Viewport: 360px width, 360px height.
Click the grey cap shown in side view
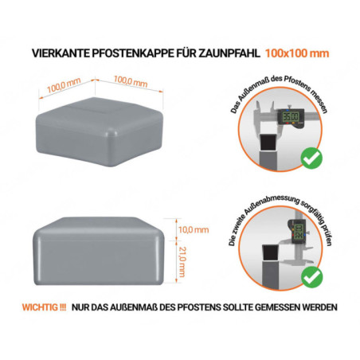100,251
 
